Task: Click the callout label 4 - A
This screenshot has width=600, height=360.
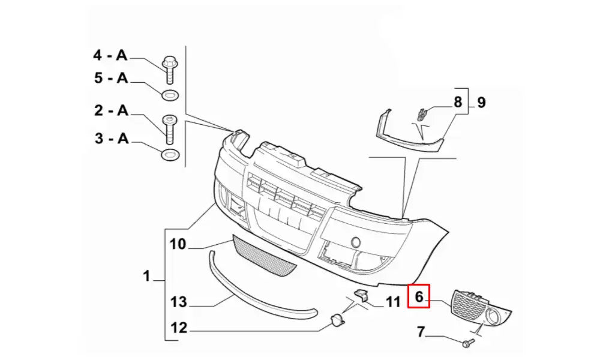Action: [x=110, y=55]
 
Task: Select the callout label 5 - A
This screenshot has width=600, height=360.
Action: [x=111, y=78]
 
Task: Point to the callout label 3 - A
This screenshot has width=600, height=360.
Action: [x=112, y=138]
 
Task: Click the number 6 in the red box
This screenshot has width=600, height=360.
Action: [x=419, y=296]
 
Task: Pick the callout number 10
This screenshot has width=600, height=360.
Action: [x=178, y=244]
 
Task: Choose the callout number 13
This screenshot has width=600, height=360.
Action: [x=179, y=302]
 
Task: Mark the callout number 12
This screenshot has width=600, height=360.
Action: [x=179, y=328]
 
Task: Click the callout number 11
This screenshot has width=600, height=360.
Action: [x=392, y=302]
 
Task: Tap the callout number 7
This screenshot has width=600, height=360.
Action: [x=421, y=332]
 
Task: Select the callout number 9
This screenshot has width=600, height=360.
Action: [x=481, y=103]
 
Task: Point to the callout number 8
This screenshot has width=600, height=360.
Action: [x=458, y=102]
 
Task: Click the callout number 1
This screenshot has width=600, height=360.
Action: [x=146, y=276]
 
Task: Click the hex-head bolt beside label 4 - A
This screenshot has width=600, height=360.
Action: [x=169, y=70]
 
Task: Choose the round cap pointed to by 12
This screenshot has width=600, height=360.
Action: [x=337, y=320]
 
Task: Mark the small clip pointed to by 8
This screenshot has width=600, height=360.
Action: [x=422, y=115]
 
